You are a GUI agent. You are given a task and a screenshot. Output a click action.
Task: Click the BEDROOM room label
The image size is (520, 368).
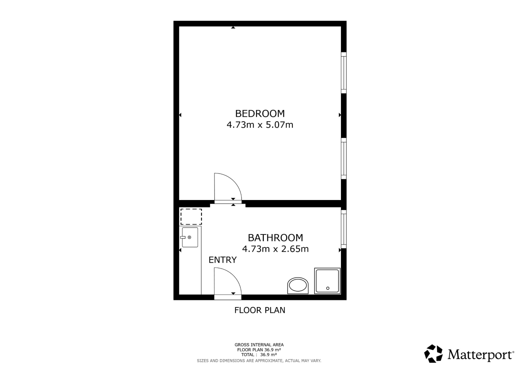tap(260, 114)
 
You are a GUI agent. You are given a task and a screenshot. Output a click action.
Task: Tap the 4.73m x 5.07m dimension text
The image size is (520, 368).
tap(260, 125)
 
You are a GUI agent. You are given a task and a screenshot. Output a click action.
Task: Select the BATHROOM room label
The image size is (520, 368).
tap(275, 238)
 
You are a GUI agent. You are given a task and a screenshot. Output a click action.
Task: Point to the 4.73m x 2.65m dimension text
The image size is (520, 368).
tap(275, 249)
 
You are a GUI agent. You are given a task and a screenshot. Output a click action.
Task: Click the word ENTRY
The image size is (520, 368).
tap(222, 260)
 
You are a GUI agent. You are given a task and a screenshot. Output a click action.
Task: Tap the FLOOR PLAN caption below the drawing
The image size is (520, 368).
tap(260, 310)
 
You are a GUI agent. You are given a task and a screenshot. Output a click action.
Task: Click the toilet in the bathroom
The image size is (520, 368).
tap(298, 286)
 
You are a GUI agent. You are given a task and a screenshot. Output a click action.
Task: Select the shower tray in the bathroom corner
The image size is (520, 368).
tap(327, 281)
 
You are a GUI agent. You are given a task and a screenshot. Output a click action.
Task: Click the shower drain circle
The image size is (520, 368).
tap(328, 288)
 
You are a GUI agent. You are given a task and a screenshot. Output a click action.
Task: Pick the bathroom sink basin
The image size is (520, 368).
tap(190, 237)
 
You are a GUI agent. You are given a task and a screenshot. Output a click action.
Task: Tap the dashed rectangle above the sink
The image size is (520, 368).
tap(191, 217)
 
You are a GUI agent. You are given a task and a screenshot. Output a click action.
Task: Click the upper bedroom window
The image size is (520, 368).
tap(344, 73)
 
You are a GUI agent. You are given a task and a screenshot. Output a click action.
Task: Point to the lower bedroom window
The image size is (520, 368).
tap(344, 158)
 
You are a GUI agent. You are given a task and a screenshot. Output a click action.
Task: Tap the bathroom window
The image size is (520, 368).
tap(344, 229)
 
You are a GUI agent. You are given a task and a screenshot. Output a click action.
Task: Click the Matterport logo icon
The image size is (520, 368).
tap(434, 354)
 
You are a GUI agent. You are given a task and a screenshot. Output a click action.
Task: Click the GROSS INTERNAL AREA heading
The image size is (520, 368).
tap(259, 345)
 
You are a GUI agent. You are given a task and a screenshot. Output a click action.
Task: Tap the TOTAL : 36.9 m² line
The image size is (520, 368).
tap(259, 355)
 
